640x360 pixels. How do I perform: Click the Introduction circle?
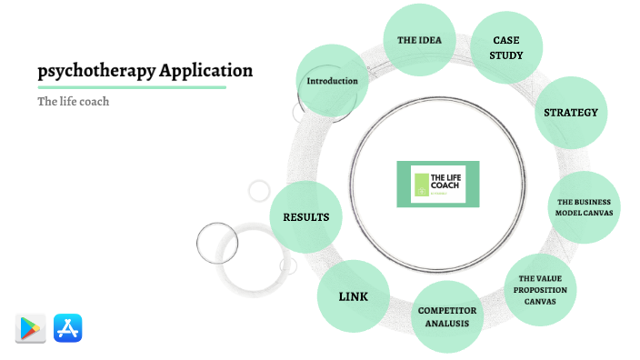point(333,81)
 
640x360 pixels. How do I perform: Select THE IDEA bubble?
point(420,41)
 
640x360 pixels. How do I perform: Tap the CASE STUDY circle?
point(506,48)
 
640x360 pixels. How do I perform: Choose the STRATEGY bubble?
point(570,113)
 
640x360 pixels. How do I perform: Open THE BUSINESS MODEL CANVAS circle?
point(585,207)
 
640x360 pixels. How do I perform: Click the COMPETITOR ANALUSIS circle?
point(447,316)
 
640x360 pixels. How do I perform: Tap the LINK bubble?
point(353,296)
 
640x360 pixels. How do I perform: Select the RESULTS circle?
point(306,217)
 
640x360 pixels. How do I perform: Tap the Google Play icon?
point(31,328)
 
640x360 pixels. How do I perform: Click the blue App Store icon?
point(68,328)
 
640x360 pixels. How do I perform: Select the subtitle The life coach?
point(73,102)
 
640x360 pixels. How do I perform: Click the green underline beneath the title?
point(131,87)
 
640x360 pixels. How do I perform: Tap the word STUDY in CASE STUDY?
point(506,55)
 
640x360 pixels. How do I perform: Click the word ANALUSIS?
point(447,323)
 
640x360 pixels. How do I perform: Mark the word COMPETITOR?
point(447,310)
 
